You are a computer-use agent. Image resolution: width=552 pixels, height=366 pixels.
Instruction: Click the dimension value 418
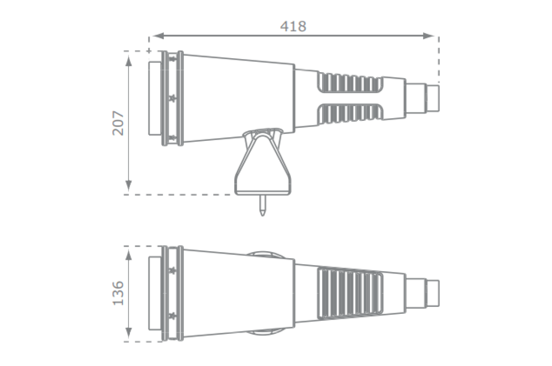[293, 26]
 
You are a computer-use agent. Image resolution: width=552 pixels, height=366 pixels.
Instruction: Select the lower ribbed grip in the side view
[350, 113]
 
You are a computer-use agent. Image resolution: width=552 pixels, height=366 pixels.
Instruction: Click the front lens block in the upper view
[155, 98]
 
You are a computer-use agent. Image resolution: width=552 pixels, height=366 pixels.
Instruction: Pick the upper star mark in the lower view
[173, 271]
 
